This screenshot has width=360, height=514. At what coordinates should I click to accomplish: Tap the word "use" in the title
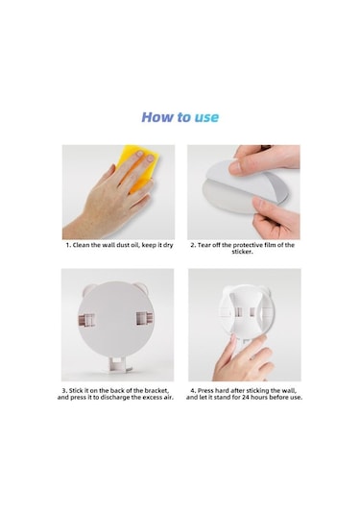[x=206, y=118]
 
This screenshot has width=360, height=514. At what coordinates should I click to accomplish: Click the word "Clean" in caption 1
[x=82, y=245]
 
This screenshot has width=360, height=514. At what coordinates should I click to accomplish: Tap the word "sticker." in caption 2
[x=243, y=252]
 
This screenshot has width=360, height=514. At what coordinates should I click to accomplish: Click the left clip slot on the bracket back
[x=86, y=321]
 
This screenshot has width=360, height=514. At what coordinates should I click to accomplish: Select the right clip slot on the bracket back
[x=144, y=319]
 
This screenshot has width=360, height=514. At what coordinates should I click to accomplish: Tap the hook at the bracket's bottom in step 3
[x=118, y=364]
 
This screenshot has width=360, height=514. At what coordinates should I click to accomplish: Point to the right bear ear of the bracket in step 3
[x=142, y=287]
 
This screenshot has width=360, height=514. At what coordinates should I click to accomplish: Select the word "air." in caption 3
[x=168, y=398]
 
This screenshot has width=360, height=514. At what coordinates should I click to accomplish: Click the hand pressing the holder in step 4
[x=243, y=357]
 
